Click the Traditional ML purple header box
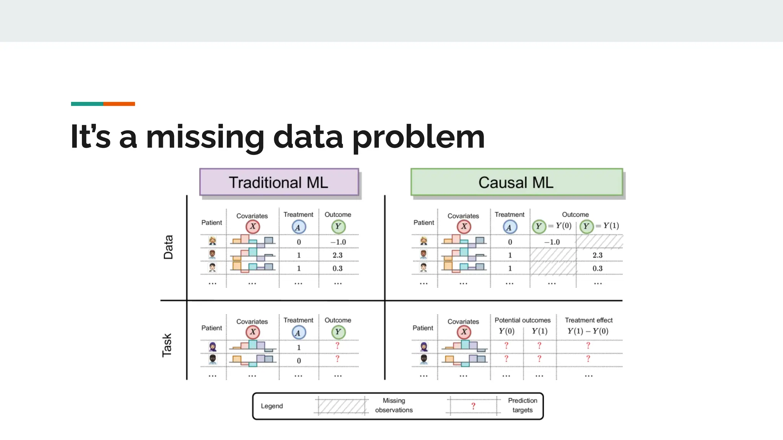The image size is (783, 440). (279, 182)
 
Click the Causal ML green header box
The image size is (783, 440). (516, 182)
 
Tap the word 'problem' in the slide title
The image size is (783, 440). (418, 137)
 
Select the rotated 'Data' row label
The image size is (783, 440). (168, 247)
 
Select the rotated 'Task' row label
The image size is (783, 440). (167, 345)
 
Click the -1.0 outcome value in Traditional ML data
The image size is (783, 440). (338, 242)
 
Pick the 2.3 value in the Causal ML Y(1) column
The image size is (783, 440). (597, 255)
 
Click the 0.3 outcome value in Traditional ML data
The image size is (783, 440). (337, 269)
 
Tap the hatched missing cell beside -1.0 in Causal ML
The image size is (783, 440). (599, 242)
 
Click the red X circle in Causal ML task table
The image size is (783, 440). (464, 332)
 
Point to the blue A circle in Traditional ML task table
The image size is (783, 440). (298, 332)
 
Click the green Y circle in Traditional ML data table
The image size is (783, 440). (338, 226)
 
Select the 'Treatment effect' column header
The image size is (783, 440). (588, 320)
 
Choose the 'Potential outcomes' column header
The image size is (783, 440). (522, 320)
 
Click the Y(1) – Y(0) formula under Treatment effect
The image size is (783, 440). (588, 331)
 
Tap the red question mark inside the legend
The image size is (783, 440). (473, 406)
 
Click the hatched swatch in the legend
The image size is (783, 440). (341, 406)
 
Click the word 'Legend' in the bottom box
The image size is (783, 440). (272, 406)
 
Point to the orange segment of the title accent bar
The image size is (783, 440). (119, 104)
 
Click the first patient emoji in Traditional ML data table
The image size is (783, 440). (213, 241)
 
